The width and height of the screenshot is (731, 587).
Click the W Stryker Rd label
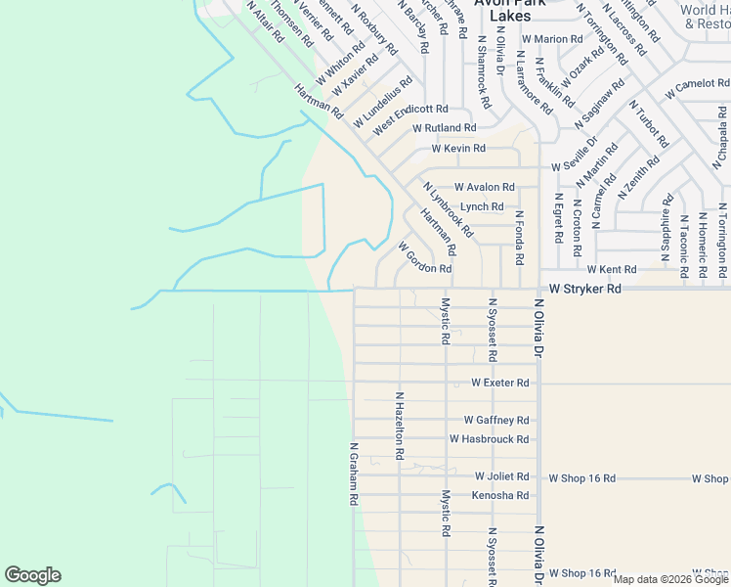click(584, 289)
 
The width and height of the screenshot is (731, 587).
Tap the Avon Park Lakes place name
click(502, 10)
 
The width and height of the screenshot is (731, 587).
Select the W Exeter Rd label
click(499, 383)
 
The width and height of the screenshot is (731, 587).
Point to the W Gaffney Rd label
click(496, 420)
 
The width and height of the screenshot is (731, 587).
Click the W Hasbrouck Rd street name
click(489, 438)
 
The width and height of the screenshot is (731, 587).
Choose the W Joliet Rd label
click(501, 476)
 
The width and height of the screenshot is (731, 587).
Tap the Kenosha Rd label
click(499, 495)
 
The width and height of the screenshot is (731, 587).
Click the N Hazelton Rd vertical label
click(399, 427)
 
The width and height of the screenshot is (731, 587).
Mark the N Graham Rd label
click(353, 472)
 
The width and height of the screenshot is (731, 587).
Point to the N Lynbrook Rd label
click(448, 209)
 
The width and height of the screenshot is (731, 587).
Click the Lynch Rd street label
click(482, 206)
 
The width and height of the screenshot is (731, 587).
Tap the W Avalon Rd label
click(484, 187)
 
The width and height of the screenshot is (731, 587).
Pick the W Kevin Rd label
click(458, 149)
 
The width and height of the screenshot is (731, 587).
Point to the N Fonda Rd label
click(519, 237)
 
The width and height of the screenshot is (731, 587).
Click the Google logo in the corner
click(32, 575)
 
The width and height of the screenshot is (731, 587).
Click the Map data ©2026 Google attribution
click(670, 579)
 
